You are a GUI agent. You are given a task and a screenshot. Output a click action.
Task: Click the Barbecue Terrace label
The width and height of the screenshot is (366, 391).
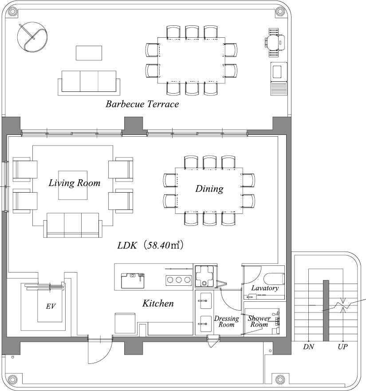click(x=142, y=104)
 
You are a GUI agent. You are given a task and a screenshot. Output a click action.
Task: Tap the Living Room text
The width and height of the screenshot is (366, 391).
click(x=74, y=183)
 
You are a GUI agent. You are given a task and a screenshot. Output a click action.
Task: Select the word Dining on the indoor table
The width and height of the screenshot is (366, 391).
click(x=209, y=189)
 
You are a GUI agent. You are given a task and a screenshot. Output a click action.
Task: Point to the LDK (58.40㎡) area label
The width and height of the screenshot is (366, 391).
click(x=150, y=245)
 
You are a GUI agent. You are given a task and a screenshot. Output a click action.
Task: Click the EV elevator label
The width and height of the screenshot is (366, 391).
click(x=51, y=306)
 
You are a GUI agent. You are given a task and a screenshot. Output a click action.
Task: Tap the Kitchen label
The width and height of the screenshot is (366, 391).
click(x=158, y=303)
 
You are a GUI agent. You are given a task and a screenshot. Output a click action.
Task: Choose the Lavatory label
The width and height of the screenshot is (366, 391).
click(x=265, y=288)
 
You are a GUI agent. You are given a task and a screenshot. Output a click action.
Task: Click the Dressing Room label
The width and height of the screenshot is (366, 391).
click(x=226, y=321)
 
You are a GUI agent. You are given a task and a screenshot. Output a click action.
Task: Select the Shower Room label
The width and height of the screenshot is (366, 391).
click(x=259, y=321)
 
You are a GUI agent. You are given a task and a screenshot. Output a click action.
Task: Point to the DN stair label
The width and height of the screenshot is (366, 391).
click(x=308, y=347)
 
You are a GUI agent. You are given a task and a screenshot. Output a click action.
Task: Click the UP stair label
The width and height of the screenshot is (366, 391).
click(x=342, y=347)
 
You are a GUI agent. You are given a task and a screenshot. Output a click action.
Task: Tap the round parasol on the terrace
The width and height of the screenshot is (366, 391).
click(x=32, y=37)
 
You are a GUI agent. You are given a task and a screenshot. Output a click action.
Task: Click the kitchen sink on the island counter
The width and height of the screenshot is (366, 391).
click(x=133, y=281)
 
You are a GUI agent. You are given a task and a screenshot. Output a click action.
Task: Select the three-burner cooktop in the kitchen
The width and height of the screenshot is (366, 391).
click(x=178, y=280)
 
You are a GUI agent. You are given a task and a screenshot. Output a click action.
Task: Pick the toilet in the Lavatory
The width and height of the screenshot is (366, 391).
click(x=274, y=279)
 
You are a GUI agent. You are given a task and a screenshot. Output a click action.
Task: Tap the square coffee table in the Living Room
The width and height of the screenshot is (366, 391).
click(x=73, y=185)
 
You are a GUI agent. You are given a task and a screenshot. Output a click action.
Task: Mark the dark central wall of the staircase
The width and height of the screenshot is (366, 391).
click(x=326, y=311)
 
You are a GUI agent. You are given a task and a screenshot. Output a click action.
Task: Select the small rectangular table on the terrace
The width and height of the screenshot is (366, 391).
click(x=89, y=53)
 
